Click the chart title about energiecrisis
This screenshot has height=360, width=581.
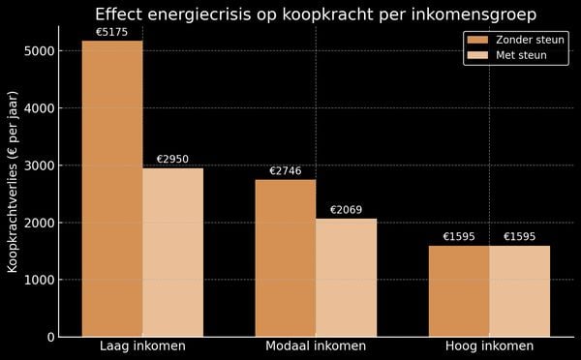315,14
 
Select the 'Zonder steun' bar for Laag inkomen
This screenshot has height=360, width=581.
112,189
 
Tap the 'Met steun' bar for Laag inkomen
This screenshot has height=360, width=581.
172,253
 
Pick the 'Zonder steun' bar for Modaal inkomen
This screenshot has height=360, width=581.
286,258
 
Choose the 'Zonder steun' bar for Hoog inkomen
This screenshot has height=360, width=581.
459,291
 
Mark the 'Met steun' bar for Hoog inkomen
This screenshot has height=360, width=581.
519,291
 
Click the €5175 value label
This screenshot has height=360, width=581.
112,32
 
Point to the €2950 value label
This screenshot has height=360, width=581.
172,159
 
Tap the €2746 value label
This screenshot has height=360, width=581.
286,171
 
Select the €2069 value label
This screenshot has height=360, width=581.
346,210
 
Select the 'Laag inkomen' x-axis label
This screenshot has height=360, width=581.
142,346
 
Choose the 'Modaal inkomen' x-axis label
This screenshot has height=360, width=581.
316,346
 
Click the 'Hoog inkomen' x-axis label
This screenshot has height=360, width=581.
489,346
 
